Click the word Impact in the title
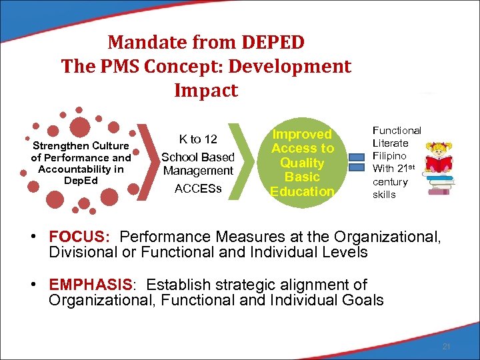coord(206,91)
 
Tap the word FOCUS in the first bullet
coord(75,237)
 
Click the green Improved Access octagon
coord(302,163)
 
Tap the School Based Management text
coord(198,164)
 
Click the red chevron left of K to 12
coord(144,163)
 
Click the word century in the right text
coord(390,182)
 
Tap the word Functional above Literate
coord(397,131)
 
